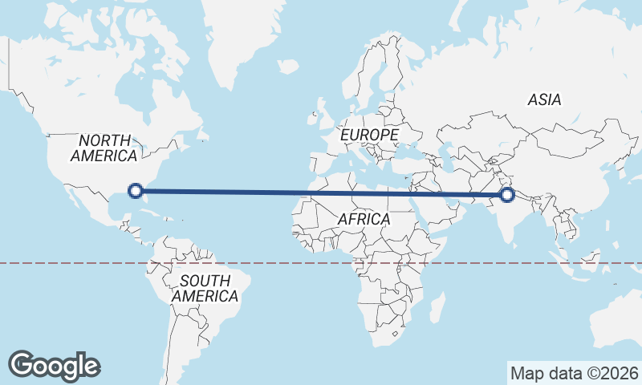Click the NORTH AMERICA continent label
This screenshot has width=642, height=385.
click(x=104, y=148)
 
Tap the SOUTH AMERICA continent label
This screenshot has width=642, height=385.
click(x=205, y=288)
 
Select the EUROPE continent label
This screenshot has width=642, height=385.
click(x=369, y=135)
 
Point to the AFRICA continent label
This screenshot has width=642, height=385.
click(x=364, y=218)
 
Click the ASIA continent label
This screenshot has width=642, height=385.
click(x=544, y=100)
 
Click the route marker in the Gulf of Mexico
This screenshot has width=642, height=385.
click(x=136, y=190)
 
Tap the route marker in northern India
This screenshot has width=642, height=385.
click(x=506, y=194)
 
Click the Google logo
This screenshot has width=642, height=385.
click(x=54, y=365)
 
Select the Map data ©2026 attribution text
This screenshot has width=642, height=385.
click(x=575, y=373)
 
